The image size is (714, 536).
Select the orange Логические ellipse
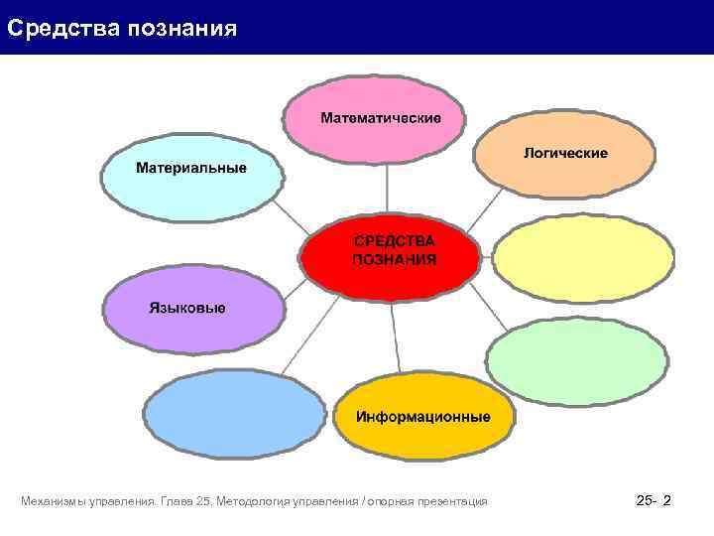coord(564,154)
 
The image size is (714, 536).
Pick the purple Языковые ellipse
coord(192,309)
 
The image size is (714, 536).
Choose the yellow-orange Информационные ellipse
coord(423,416)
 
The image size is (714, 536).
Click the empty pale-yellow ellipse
coord(582,259)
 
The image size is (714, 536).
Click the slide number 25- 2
coord(653,502)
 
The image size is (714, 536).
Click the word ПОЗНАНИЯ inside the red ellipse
coord(395,259)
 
